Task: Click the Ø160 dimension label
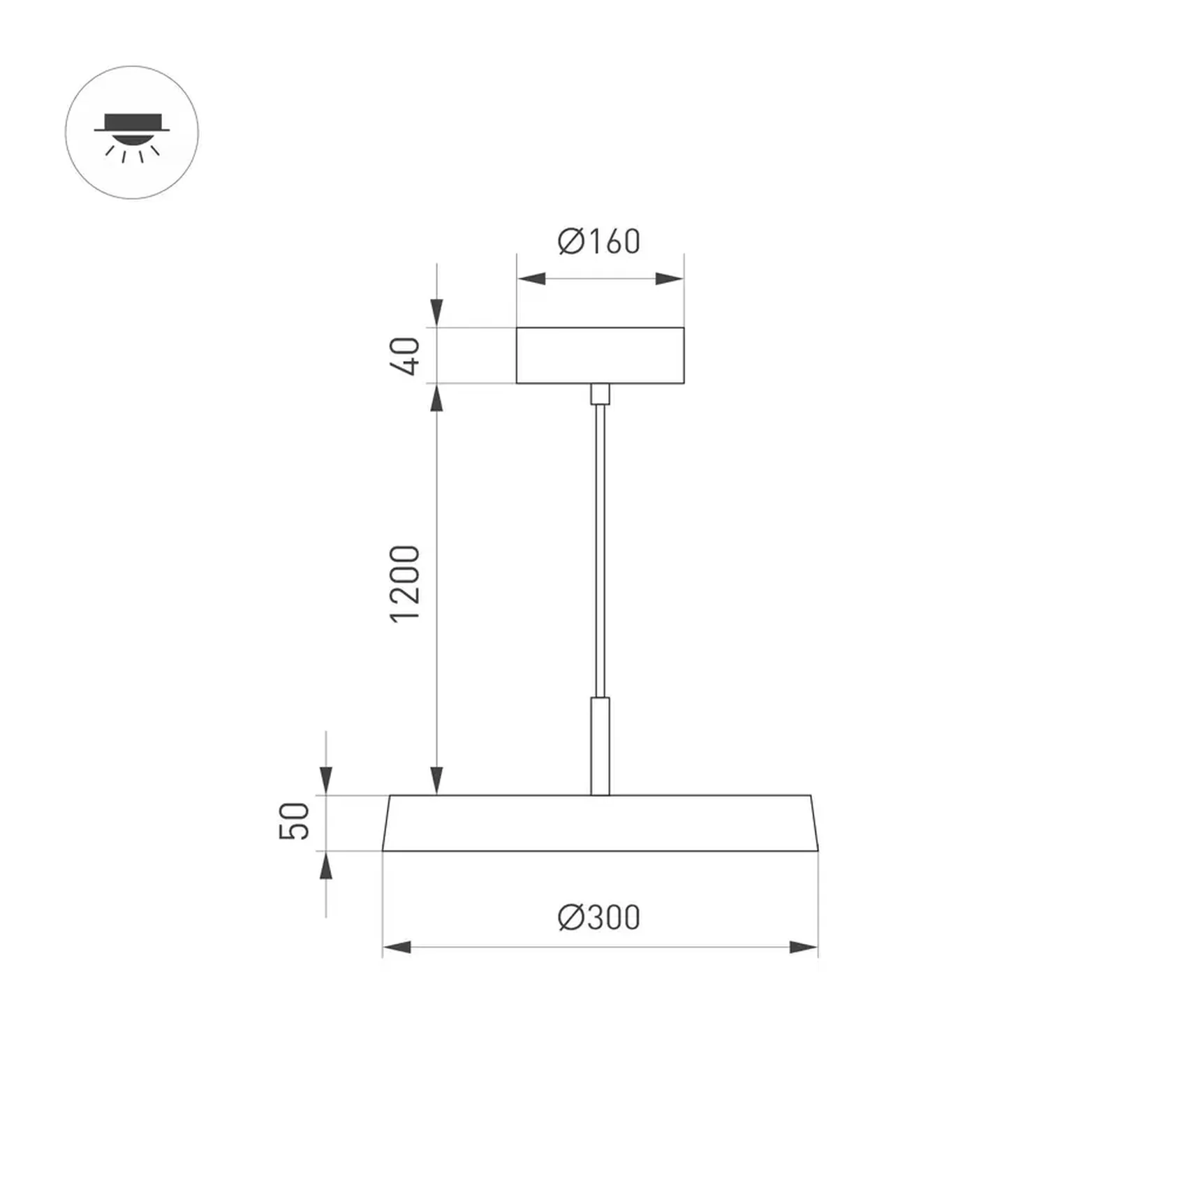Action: pyautogui.click(x=598, y=242)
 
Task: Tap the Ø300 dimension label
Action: pyautogui.click(x=598, y=918)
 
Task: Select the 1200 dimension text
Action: pyautogui.click(x=405, y=584)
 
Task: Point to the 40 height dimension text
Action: pyautogui.click(x=406, y=356)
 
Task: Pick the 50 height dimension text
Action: pyautogui.click(x=295, y=821)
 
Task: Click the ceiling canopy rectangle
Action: pyautogui.click(x=600, y=355)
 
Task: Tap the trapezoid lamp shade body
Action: pyautogui.click(x=600, y=823)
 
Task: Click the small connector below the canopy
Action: pyautogui.click(x=600, y=394)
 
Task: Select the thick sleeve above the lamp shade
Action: pyautogui.click(x=600, y=745)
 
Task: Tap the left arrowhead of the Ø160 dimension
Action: pyautogui.click(x=531, y=279)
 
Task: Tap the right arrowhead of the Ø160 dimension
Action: pyautogui.click(x=669, y=279)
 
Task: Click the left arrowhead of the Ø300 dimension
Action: pyautogui.click(x=397, y=948)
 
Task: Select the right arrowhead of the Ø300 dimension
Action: pyautogui.click(x=803, y=948)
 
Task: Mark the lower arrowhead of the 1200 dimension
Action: pyautogui.click(x=436, y=780)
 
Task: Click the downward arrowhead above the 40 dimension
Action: pyautogui.click(x=436, y=312)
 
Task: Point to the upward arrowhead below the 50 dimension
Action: pyautogui.click(x=325, y=867)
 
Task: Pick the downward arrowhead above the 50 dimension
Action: pyautogui.click(x=325, y=780)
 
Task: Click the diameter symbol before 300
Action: pyautogui.click(x=570, y=918)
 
